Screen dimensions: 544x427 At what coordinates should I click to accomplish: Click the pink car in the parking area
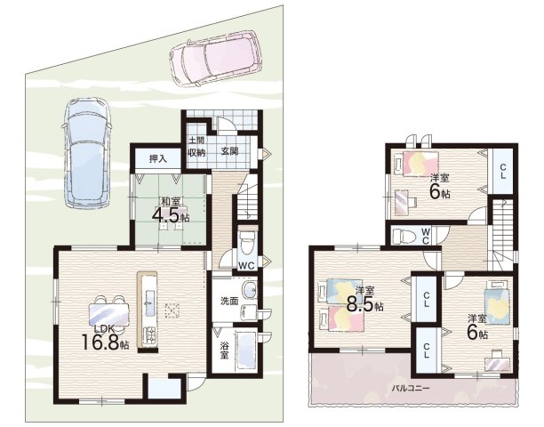pyautogui.click(x=215, y=58)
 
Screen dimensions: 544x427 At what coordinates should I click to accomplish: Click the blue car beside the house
pyautogui.click(x=86, y=153)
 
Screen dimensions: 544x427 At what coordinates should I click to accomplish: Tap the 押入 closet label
pyautogui.click(x=158, y=159)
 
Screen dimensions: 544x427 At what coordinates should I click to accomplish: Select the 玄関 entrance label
pyautogui.click(x=229, y=151)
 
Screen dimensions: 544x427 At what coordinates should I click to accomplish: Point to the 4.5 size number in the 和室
pyautogui.click(x=166, y=215)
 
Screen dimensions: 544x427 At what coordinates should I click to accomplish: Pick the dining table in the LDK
pyautogui.click(x=108, y=315)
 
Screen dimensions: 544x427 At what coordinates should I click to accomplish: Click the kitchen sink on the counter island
pyautogui.click(x=150, y=302)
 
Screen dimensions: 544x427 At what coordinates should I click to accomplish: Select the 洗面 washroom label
pyautogui.click(x=229, y=301)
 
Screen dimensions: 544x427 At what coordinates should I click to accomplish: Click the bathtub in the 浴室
pyautogui.click(x=246, y=350)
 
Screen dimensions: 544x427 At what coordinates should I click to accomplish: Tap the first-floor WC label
pyautogui.click(x=246, y=266)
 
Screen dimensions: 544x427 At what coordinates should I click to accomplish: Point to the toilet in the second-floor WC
pyautogui.click(x=404, y=236)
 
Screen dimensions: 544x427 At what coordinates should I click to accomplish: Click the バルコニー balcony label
pyautogui.click(x=410, y=388)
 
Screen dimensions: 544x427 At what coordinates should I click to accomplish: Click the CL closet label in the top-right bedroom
pyautogui.click(x=502, y=172)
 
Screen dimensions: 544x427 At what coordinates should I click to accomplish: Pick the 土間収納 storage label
pyautogui.click(x=196, y=146)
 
